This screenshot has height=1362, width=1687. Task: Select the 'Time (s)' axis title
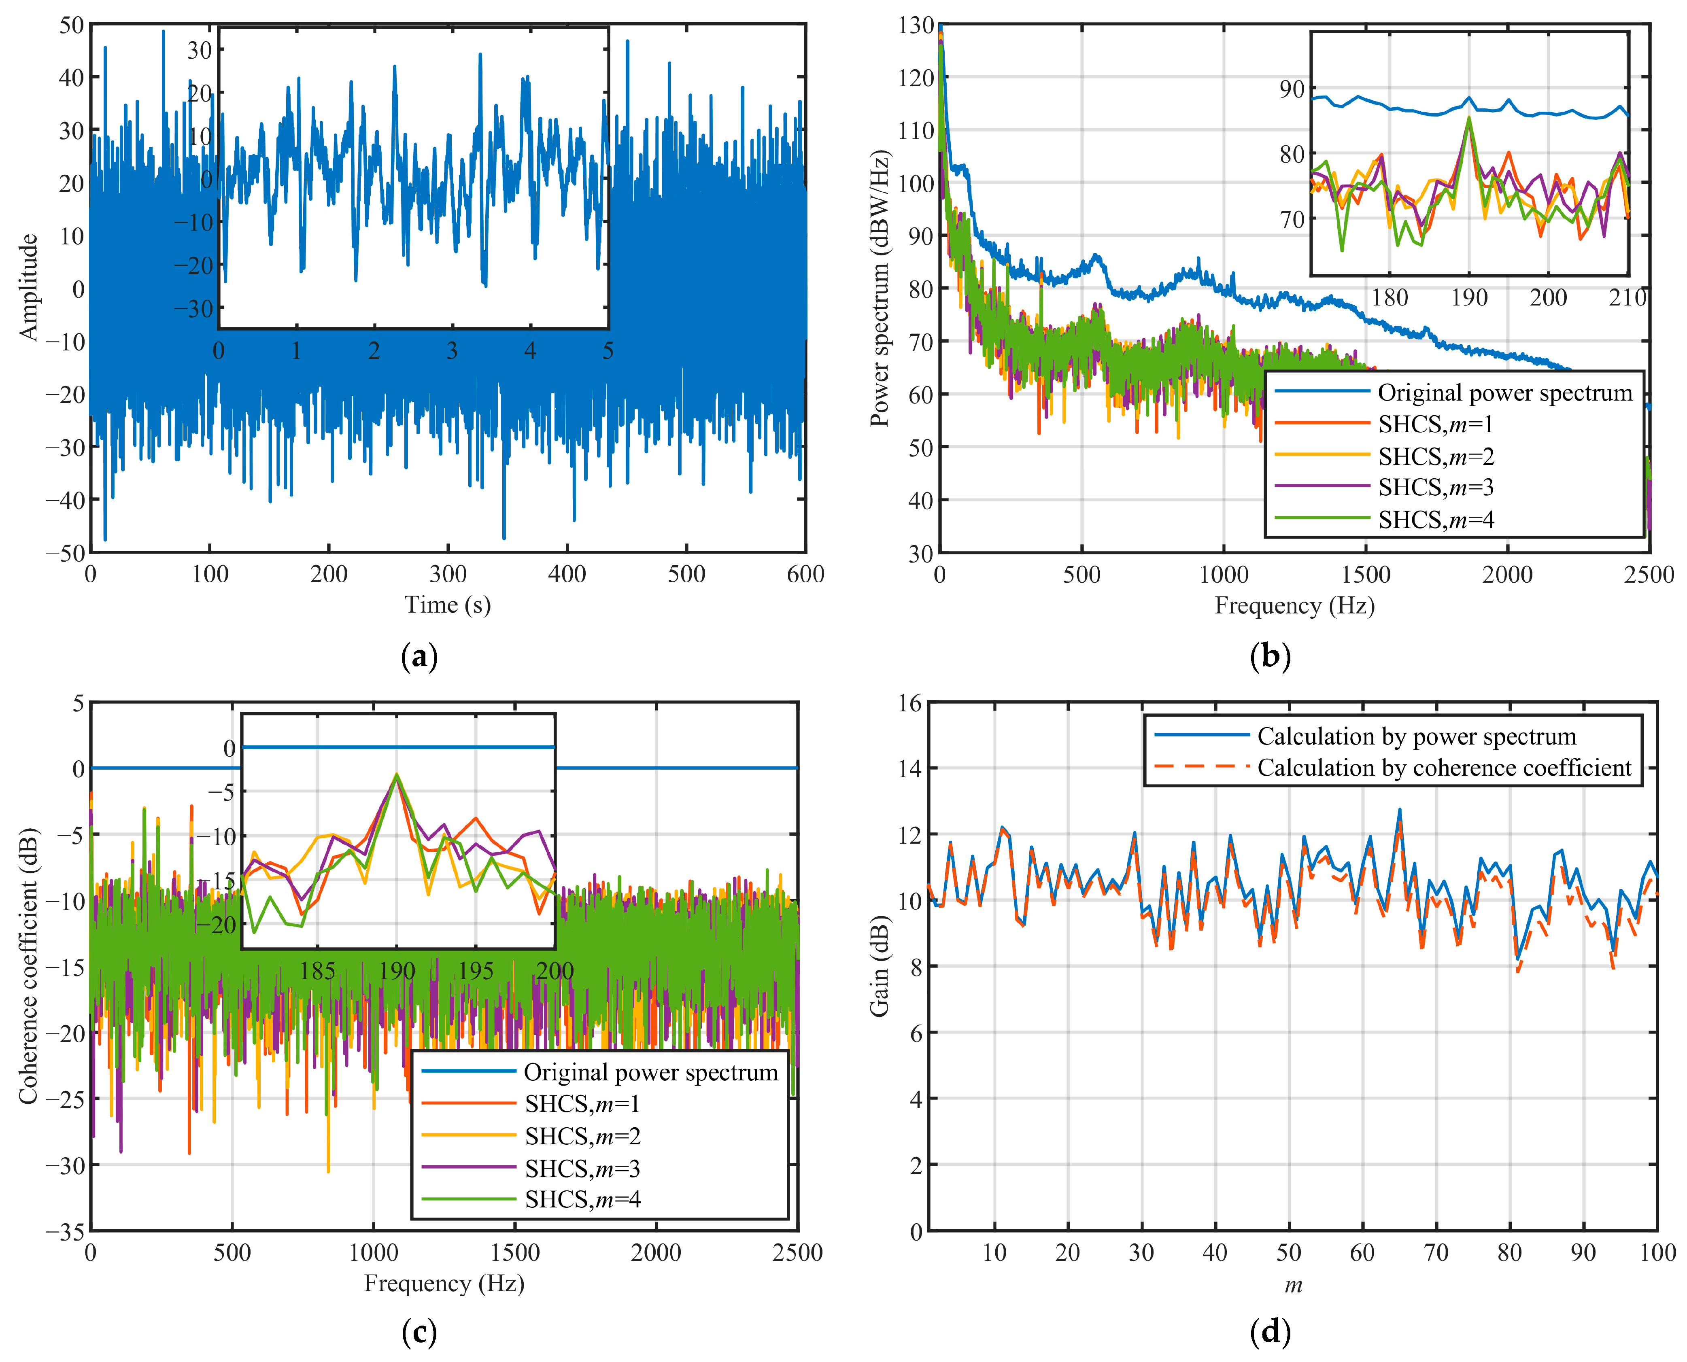[447, 605]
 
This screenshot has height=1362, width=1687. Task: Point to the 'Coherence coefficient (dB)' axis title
[28, 965]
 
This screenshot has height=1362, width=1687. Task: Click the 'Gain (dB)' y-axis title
[880, 966]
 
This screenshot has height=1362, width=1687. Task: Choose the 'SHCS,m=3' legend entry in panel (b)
[1436, 487]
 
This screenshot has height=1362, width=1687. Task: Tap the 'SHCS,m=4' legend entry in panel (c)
[582, 1200]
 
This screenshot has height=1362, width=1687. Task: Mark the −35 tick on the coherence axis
[66, 1232]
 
